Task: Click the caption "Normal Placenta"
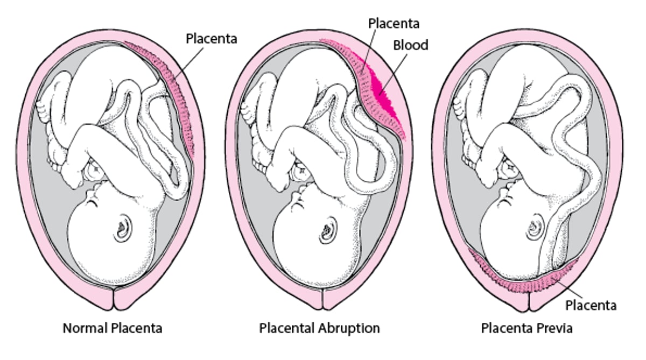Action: pyautogui.click(x=113, y=328)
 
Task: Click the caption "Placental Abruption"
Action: pyautogui.click(x=319, y=328)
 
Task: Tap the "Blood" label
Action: pyautogui.click(x=410, y=45)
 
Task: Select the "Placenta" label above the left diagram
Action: pyautogui.click(x=211, y=38)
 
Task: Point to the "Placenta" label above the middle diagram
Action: pyautogui.click(x=394, y=23)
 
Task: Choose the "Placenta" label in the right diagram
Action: pyautogui.click(x=591, y=305)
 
